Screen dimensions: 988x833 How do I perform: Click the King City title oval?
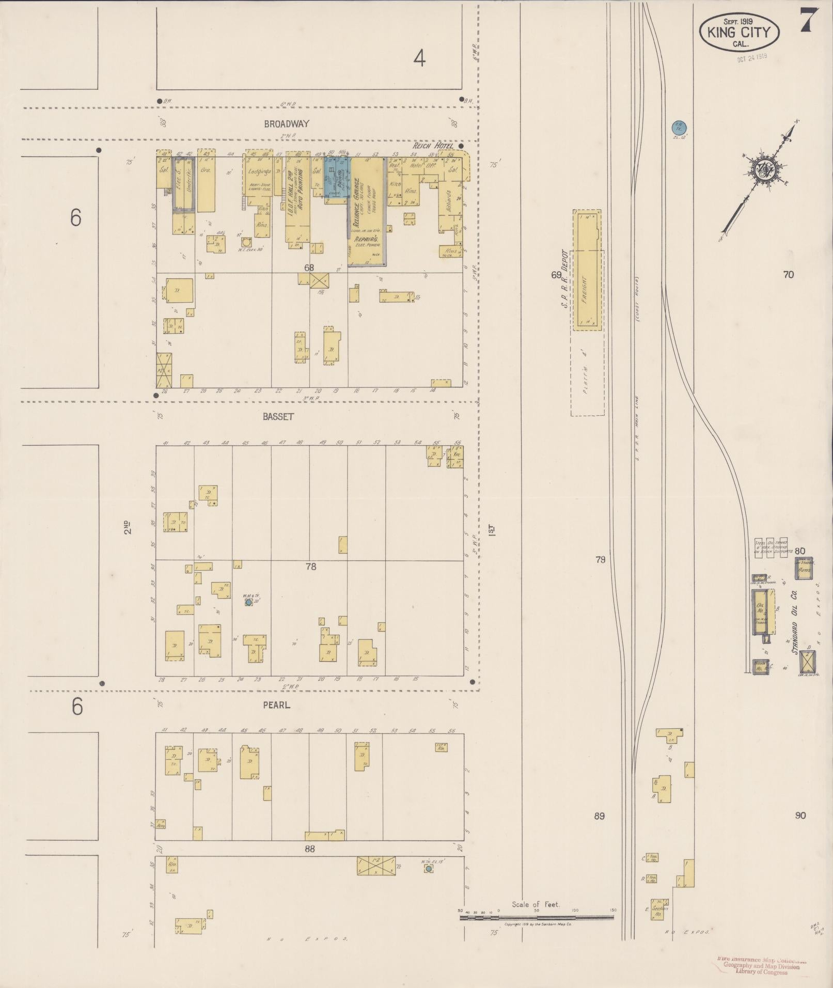click(739, 32)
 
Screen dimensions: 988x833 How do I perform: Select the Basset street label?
click(278, 417)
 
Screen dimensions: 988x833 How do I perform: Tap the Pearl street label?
click(276, 704)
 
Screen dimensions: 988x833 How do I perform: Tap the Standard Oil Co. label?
click(794, 625)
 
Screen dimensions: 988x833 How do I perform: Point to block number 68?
click(309, 268)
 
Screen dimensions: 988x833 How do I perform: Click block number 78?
click(310, 567)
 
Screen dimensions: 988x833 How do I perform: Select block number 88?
click(309, 848)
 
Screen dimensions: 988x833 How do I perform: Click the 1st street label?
click(492, 529)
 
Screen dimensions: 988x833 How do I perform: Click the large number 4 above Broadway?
click(419, 60)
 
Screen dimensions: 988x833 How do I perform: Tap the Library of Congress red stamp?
click(761, 965)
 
